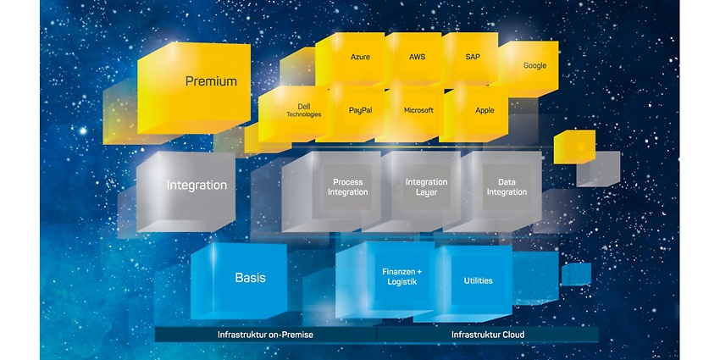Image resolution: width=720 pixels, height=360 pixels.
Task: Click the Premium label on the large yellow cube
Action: pos(211,81)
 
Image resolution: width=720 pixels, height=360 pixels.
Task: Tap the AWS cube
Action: pos(416,58)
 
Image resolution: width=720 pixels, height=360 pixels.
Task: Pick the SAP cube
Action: pos(472,58)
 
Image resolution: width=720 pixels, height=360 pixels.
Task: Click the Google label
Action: pos(535,66)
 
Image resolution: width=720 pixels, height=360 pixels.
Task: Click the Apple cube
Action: pos(478,113)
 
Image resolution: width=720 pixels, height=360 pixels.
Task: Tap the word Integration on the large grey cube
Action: pos(197,186)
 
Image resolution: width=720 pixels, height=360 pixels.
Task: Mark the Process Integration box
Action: pos(347,187)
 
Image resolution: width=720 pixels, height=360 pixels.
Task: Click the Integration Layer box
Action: pos(427,187)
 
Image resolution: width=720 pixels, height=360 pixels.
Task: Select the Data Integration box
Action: pos(507,187)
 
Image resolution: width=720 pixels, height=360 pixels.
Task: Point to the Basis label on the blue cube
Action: pos(250,278)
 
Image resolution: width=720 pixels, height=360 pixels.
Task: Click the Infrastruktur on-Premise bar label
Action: pos(265,335)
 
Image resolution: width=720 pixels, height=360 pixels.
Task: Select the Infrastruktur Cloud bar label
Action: pos(488,335)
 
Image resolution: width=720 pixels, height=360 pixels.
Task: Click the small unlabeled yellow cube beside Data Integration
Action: pos(574,147)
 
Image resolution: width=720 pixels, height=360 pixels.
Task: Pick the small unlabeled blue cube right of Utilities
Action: pos(576,274)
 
